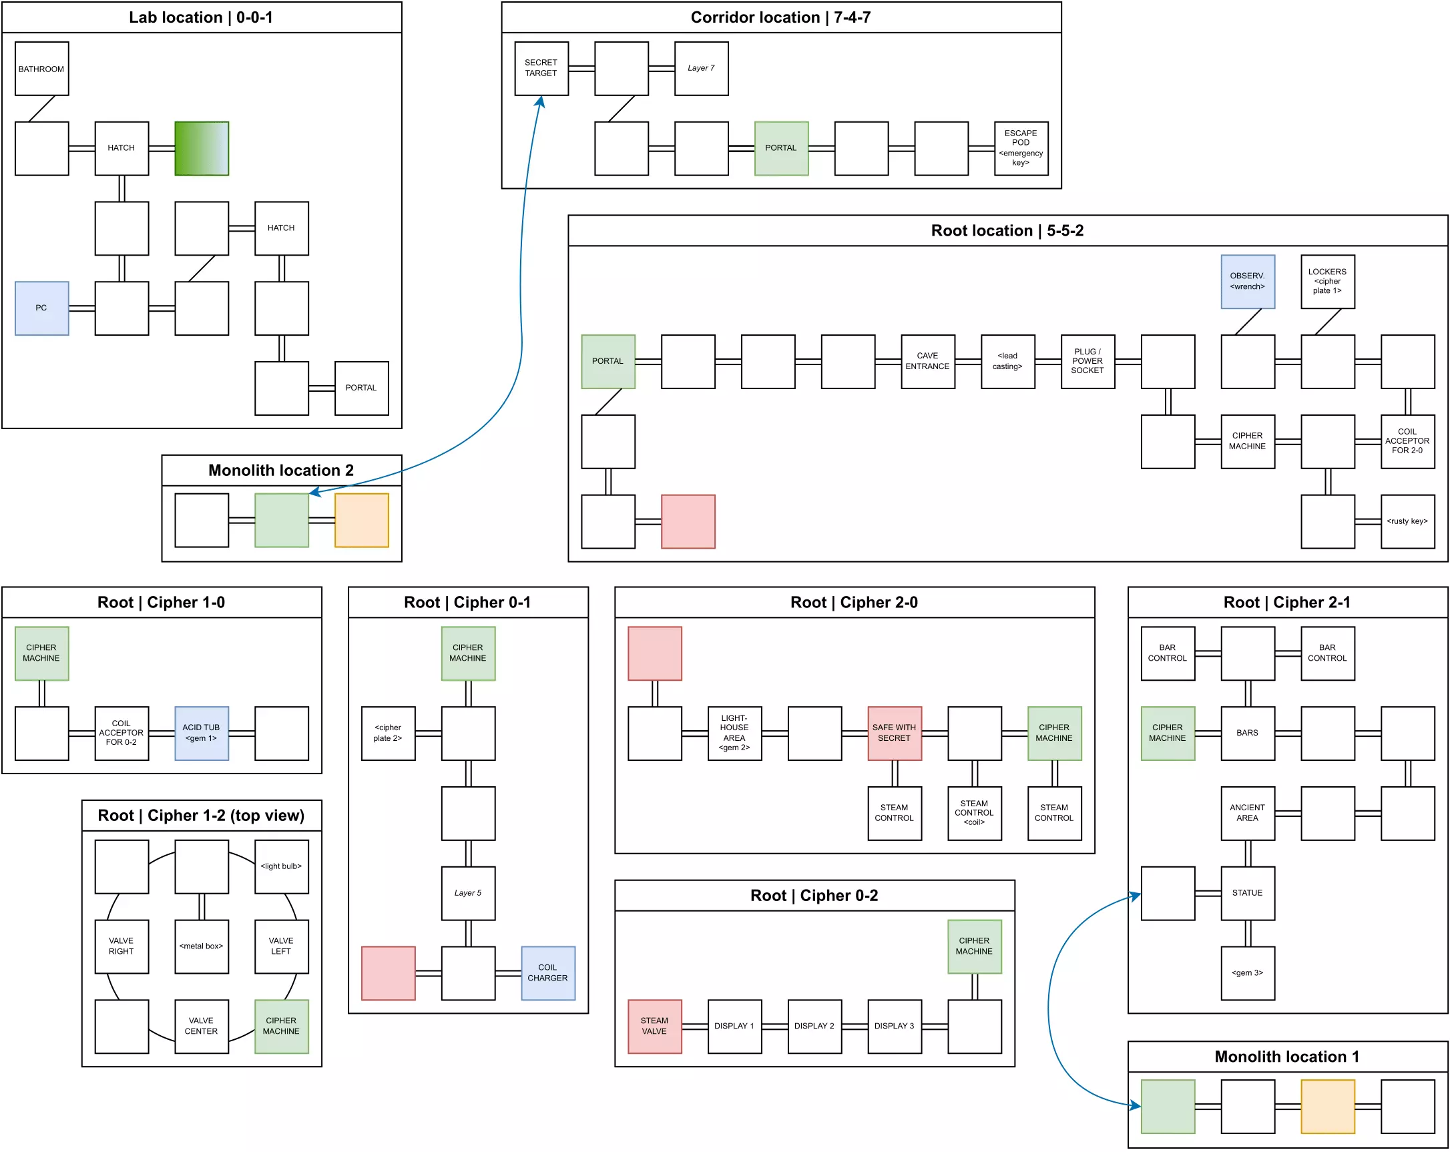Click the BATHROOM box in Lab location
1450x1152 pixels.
(41, 69)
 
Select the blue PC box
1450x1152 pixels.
(41, 308)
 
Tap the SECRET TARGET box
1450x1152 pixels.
(541, 68)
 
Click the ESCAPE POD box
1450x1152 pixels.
(1020, 148)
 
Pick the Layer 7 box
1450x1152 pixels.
(701, 68)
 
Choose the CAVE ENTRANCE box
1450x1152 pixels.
(927, 361)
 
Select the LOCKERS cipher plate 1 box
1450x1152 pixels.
(1327, 281)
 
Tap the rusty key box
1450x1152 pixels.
(1407, 521)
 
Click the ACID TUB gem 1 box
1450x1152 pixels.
(201, 733)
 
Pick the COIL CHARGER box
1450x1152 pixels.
(547, 972)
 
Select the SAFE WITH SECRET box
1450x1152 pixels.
(894, 733)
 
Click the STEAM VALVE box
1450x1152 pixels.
(654, 1026)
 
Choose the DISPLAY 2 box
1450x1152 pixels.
(814, 1026)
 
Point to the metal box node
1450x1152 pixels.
(201, 946)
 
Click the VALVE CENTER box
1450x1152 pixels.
(201, 1026)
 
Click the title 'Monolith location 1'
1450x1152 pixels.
(1286, 1057)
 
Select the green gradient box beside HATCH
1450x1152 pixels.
(201, 148)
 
